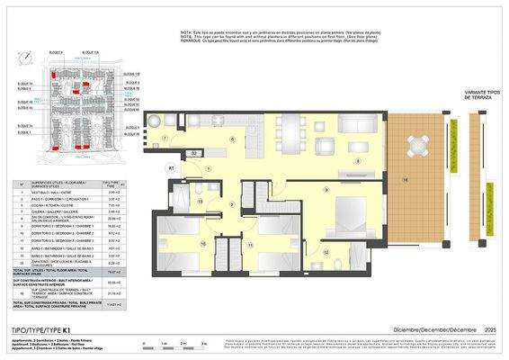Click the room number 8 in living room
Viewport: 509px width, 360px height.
358,160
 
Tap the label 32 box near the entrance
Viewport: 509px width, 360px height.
194,155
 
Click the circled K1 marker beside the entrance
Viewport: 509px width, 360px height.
172,167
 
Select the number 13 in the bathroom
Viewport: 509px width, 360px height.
201,202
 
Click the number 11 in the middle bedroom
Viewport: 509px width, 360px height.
250,244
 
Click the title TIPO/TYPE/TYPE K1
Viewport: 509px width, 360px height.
48,329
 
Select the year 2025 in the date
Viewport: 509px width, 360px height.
491,329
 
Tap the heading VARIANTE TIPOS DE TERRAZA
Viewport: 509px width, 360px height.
457,95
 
